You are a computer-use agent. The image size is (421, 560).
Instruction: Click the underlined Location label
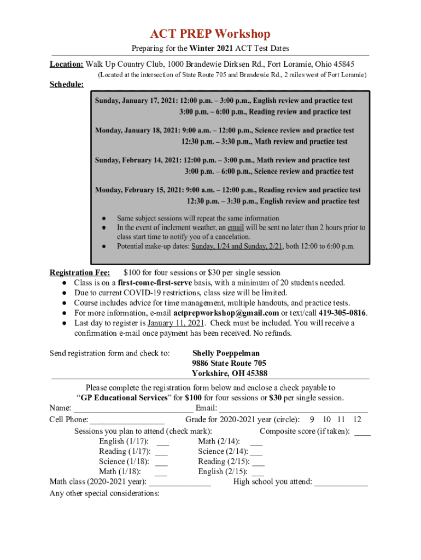66,64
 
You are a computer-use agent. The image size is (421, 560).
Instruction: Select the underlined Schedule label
67,85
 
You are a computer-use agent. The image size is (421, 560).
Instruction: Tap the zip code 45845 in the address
343,64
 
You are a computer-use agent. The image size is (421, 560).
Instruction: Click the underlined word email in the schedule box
236,227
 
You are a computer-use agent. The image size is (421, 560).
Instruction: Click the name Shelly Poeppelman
226,353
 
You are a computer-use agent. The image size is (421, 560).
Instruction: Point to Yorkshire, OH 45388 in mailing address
230,374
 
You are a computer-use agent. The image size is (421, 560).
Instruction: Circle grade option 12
357,419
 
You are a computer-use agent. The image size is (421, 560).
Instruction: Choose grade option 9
312,419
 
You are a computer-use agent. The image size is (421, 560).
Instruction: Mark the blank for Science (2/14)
256,452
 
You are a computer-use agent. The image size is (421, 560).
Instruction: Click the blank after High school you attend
341,483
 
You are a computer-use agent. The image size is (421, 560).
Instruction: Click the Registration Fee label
80,272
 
